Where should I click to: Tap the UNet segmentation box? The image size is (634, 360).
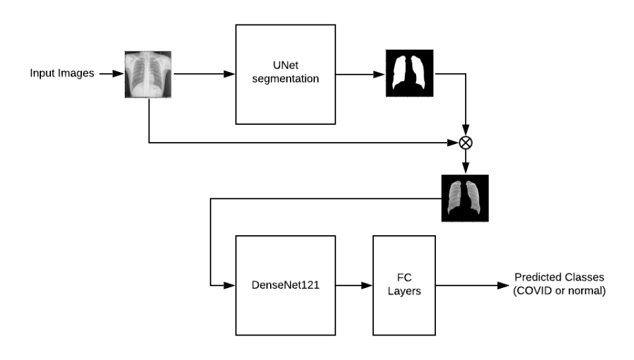point(285,73)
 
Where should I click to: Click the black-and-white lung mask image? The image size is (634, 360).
point(409,73)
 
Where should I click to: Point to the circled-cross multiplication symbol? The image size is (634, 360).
point(467,141)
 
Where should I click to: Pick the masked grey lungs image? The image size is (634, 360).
point(465,198)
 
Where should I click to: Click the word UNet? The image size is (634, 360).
point(286,67)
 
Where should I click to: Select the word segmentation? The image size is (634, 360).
point(286,79)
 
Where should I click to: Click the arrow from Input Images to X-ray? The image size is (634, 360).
point(110,73)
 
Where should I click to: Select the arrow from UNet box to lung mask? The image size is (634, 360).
point(360,73)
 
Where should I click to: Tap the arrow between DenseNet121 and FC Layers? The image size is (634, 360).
point(353,285)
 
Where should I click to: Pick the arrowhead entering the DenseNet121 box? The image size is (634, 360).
point(230,285)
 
